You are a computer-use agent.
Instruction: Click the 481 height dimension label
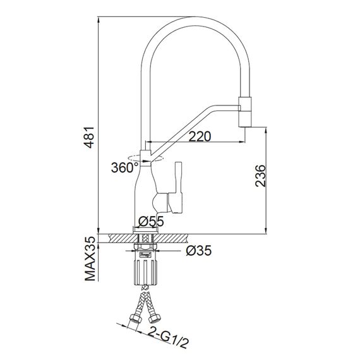(x=88, y=137)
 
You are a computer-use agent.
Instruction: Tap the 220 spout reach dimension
(x=200, y=136)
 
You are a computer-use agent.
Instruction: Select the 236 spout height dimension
(x=260, y=176)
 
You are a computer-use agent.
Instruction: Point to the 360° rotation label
(x=124, y=167)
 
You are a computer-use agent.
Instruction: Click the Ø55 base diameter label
(x=151, y=222)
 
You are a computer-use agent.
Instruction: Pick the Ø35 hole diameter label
(x=198, y=251)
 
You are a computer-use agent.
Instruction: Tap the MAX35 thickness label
(x=90, y=259)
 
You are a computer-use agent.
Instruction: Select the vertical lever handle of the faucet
(x=178, y=187)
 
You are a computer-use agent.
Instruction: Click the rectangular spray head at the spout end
(x=245, y=112)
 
